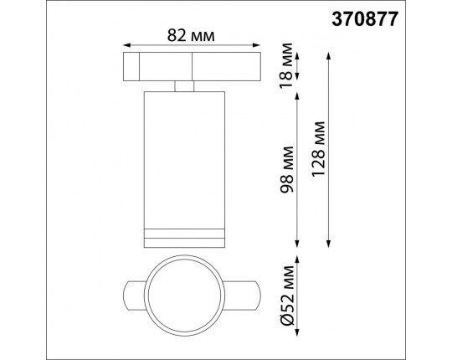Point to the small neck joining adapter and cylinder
tap(184, 85)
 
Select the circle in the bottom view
tap(184, 296)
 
